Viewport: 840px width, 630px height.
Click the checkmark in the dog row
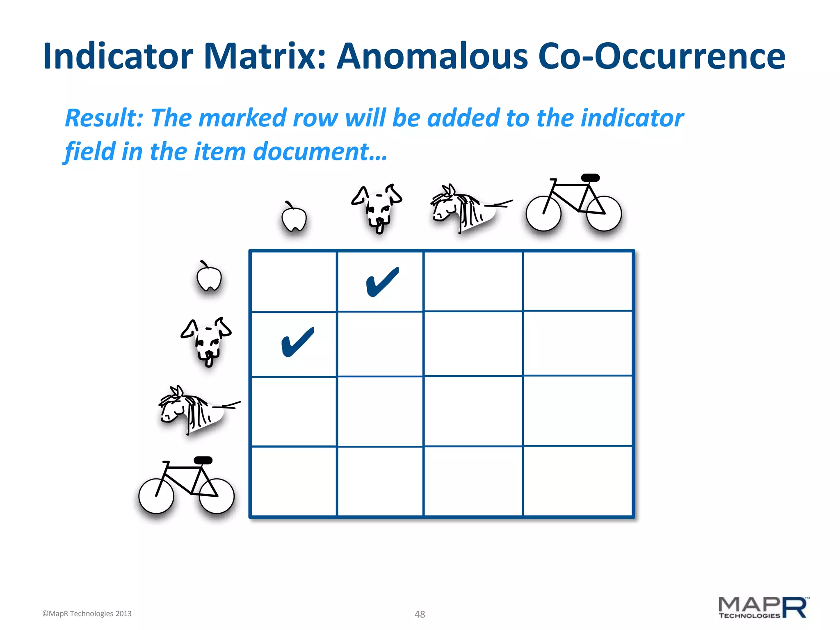point(298,342)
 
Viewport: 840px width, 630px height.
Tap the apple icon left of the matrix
point(209,276)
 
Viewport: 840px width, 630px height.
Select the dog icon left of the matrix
point(207,341)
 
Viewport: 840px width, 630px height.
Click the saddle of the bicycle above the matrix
point(590,178)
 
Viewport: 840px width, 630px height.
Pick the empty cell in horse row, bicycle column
point(577,411)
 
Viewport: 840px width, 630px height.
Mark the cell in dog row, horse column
point(473,344)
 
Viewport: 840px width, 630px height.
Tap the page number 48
point(420,614)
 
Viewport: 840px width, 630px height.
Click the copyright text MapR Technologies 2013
point(87,614)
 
